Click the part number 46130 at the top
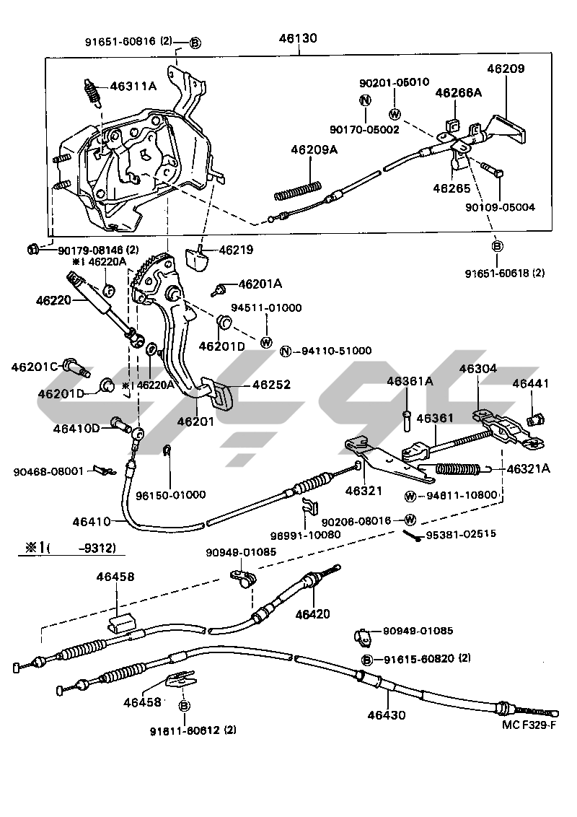pos(298,38)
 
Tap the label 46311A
pos(133,87)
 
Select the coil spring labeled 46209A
pos(299,191)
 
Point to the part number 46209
pos(506,69)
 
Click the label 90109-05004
pos(500,207)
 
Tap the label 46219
pos(236,250)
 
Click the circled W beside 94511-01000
pos(266,342)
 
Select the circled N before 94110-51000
pos(286,351)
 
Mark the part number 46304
pos(478,369)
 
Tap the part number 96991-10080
pos(306,535)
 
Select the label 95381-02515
pos(462,534)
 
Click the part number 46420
pos(312,614)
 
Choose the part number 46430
pos(387,715)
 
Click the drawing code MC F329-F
pos(529,725)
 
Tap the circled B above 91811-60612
pos(185,706)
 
